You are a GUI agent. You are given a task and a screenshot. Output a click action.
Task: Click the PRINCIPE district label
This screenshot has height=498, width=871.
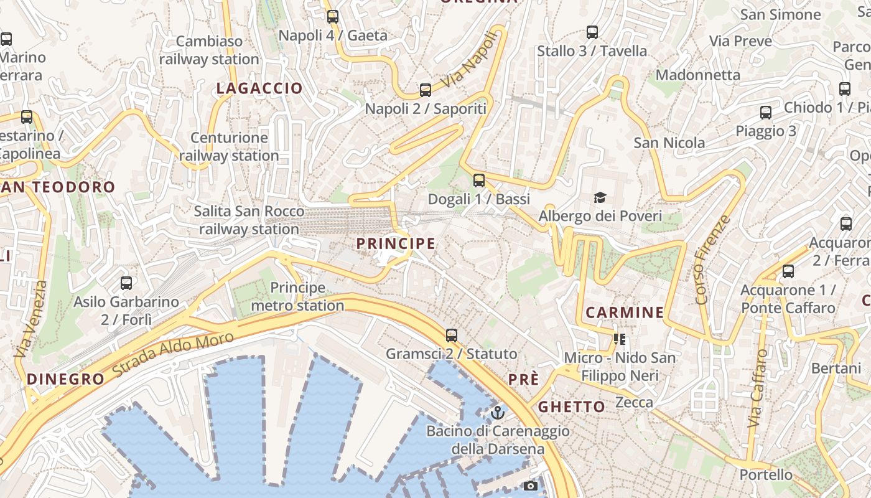(x=396, y=243)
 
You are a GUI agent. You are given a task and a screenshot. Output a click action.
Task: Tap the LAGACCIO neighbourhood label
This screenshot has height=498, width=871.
(x=259, y=88)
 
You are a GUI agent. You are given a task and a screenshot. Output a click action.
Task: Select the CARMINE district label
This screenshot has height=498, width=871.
(x=625, y=312)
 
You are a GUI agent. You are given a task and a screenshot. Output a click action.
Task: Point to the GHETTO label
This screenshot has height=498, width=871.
(x=571, y=407)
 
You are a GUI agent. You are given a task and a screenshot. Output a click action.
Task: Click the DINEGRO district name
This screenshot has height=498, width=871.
(x=65, y=379)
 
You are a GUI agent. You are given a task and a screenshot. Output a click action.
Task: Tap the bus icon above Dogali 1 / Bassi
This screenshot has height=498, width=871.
(x=478, y=181)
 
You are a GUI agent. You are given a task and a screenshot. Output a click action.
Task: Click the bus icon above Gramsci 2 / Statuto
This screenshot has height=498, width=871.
(x=452, y=336)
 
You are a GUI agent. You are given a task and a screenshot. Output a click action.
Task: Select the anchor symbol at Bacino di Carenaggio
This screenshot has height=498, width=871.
(x=497, y=412)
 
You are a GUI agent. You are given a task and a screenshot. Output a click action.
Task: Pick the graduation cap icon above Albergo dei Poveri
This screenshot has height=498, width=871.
(x=600, y=198)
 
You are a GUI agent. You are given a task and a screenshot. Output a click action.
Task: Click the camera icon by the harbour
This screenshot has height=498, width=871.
(x=531, y=486)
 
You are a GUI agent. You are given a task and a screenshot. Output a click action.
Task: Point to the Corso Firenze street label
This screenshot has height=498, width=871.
(x=713, y=260)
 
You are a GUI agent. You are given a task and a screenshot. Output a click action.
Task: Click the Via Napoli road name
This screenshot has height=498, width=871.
(x=470, y=61)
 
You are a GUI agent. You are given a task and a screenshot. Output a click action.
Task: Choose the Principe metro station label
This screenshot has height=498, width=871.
(x=297, y=297)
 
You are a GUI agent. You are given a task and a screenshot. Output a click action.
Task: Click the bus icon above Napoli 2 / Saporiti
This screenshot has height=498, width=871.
(x=426, y=90)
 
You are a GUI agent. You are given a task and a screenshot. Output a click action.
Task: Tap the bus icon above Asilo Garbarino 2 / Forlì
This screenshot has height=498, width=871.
(x=126, y=283)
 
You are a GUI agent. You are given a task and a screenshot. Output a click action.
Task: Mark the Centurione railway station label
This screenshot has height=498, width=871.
(x=229, y=147)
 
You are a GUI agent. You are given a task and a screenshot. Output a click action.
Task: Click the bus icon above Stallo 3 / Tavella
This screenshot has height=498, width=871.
(x=592, y=32)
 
